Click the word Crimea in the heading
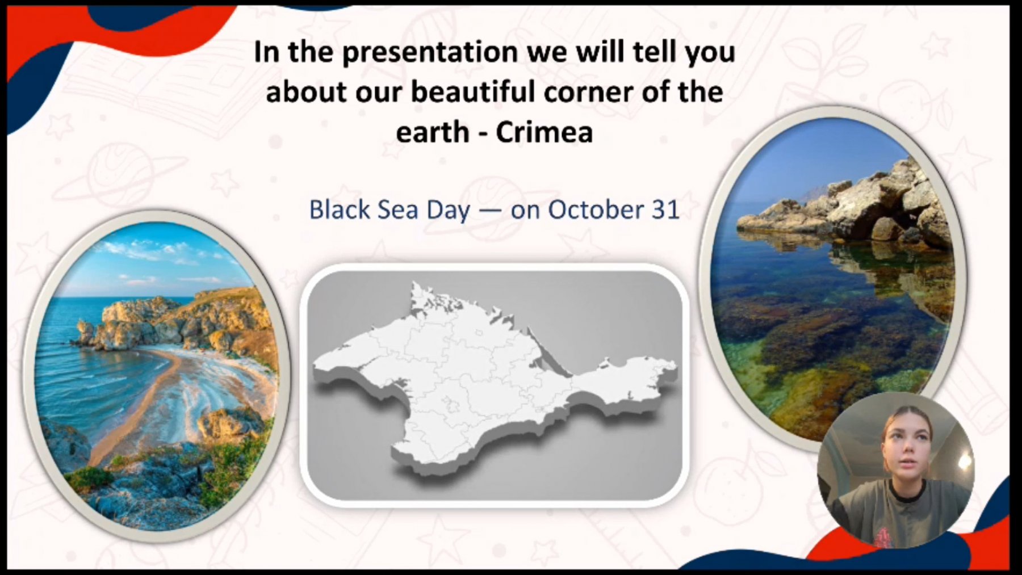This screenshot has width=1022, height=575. [544, 132]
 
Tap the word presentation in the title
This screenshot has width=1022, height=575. [430, 53]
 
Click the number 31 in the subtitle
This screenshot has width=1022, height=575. [665, 209]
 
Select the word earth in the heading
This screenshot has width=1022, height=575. [433, 132]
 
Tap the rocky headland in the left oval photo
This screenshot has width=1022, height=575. [182, 321]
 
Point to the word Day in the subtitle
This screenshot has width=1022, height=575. [449, 211]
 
